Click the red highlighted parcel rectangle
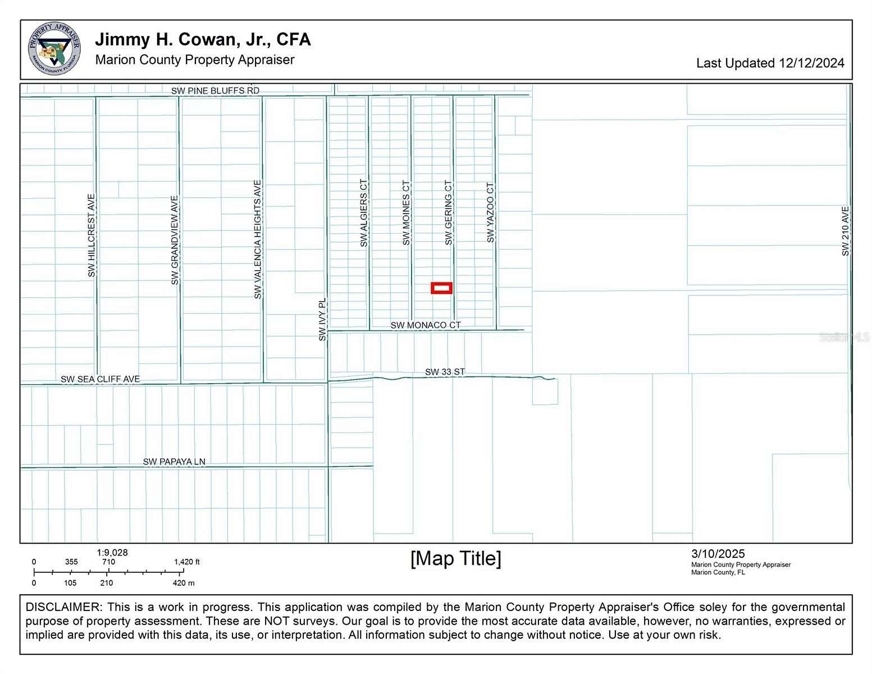pos(441,288)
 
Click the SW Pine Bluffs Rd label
pos(215,90)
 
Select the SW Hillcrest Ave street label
pos(92,235)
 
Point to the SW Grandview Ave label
pos(175,240)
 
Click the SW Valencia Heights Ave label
pos(258,239)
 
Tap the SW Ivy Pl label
pos(322,319)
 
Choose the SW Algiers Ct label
pos(364,213)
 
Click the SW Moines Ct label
pos(406,213)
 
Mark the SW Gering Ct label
pos(448,213)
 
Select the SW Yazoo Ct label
pos(490,213)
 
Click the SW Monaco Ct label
pos(426,325)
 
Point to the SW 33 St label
pos(445,372)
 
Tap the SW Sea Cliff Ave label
pos(100,379)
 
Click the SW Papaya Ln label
pos(174,462)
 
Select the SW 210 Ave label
pos(846,231)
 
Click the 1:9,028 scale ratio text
pos(112,553)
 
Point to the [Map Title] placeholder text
pos(455,559)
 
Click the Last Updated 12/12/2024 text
pos(770,63)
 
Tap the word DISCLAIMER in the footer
pos(62,607)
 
